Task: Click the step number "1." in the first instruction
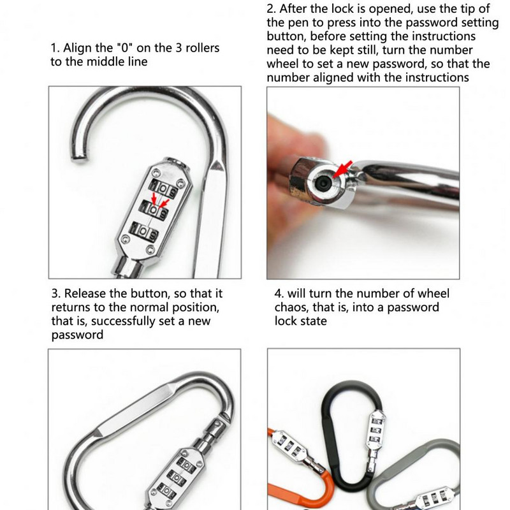[55, 48]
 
